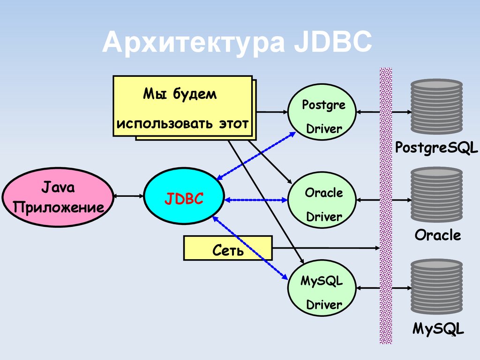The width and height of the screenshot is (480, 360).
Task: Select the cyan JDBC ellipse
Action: (184, 199)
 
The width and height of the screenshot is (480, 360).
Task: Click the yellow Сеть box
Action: (228, 248)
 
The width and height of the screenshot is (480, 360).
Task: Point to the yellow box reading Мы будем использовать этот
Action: (183, 106)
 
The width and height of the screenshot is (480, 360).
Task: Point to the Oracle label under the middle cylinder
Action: (437, 235)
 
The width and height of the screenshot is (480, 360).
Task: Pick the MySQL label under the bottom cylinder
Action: (438, 328)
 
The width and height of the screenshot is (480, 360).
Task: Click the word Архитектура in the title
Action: (193, 43)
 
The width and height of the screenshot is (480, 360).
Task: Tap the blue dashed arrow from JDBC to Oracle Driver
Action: (256, 200)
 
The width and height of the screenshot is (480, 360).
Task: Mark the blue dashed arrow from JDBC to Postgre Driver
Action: (256, 155)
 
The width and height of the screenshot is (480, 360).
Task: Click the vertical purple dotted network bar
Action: (386, 206)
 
